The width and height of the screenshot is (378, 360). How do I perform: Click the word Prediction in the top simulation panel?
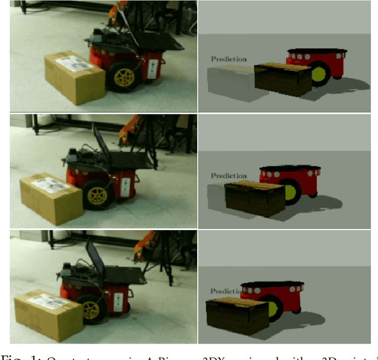[x=229, y=59]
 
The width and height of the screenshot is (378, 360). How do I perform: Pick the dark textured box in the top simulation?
[x=283, y=80]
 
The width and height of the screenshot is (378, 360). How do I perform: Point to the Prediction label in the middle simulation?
[x=229, y=175]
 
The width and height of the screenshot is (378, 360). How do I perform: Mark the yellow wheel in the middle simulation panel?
[x=291, y=193]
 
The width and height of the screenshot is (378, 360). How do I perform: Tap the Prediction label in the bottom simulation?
[x=226, y=291]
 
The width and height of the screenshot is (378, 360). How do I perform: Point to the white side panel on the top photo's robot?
[x=154, y=68]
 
